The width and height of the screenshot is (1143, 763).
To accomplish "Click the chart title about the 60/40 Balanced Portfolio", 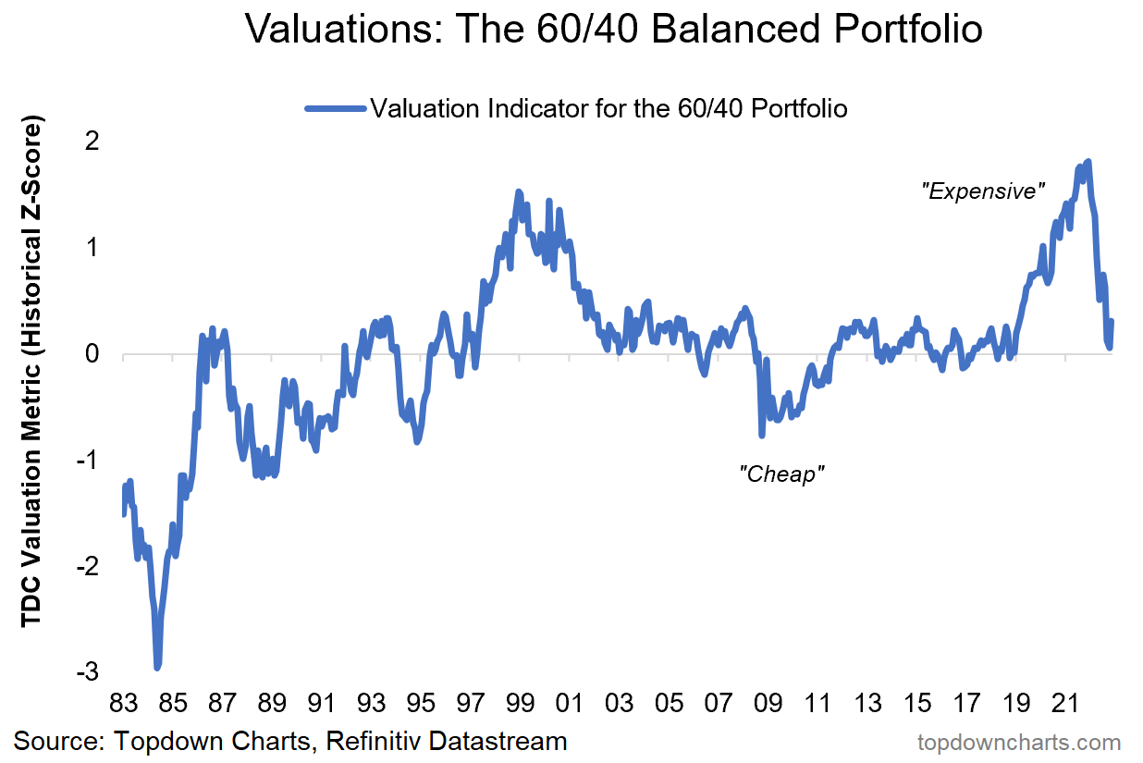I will click(x=613, y=30).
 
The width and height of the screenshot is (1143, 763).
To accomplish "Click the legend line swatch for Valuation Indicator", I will click(x=336, y=109).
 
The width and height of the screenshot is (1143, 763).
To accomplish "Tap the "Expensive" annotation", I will click(x=983, y=192).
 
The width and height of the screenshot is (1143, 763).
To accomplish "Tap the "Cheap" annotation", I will click(x=781, y=474).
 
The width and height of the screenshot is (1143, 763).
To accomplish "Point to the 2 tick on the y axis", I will click(x=92, y=142).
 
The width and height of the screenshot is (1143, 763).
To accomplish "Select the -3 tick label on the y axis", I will click(x=89, y=671).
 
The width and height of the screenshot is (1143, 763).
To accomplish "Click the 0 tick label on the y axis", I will click(x=92, y=354).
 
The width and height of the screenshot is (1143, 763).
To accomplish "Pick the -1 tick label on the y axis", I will click(x=89, y=460).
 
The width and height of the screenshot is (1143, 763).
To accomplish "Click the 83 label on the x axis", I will click(x=122, y=704).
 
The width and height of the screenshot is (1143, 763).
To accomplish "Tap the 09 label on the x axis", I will click(x=767, y=704).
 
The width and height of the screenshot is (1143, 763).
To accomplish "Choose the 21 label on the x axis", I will click(x=1064, y=704).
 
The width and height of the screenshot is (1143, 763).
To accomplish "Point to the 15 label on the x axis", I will click(x=916, y=704).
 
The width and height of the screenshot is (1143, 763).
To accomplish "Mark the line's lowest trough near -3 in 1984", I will click(x=158, y=666).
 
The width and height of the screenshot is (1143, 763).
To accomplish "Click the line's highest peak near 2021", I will click(x=1088, y=162).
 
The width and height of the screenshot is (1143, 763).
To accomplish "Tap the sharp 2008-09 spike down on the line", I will click(x=762, y=434).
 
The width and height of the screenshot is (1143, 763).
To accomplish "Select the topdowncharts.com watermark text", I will click(x=1018, y=742).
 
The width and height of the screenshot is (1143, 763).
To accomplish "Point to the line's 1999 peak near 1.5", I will click(x=519, y=192).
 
